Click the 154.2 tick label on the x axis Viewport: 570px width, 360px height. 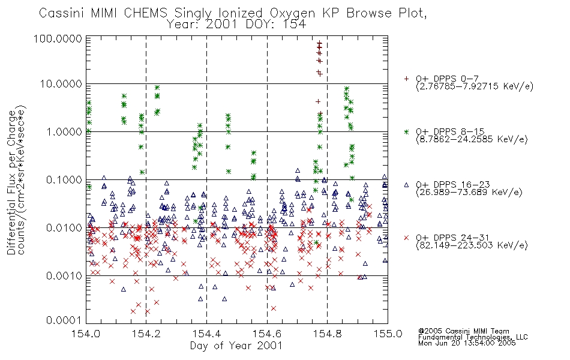click(x=146, y=334)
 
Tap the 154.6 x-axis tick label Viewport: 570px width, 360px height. click(x=267, y=334)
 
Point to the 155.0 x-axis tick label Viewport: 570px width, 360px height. click(x=388, y=334)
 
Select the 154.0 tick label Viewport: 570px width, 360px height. click(x=86, y=334)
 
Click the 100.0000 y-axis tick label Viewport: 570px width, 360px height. click(x=58, y=38)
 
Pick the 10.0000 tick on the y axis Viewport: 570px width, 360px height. click(x=61, y=84)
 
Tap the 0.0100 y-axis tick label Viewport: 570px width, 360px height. click(x=64, y=228)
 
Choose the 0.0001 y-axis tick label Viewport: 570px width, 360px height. click(x=64, y=320)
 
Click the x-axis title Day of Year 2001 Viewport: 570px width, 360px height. click(x=236, y=346)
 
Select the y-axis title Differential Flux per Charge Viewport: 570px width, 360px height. click(x=11, y=182)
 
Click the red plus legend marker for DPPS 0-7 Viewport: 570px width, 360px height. click(x=406, y=79)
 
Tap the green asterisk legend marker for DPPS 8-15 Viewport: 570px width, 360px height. click(x=406, y=131)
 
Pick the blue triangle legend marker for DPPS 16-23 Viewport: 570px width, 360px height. click(x=406, y=185)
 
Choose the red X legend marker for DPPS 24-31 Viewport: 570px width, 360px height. click(x=406, y=238)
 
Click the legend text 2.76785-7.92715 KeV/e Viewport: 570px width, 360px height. click(x=475, y=86)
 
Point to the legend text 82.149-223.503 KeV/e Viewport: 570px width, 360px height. click(x=472, y=245)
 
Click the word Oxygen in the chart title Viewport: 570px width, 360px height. click(x=292, y=13)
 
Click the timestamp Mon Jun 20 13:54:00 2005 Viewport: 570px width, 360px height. click(x=467, y=343)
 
